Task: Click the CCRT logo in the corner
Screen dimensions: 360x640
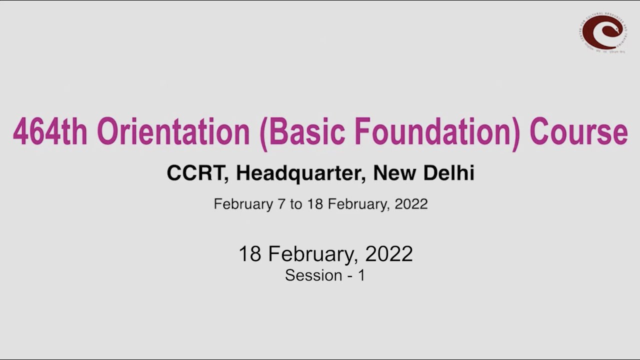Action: click(x=603, y=32)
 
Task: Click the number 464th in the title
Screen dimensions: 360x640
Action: click(x=50, y=132)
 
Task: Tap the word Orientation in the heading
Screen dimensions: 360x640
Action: click(x=173, y=132)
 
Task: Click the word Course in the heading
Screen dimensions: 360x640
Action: click(x=578, y=132)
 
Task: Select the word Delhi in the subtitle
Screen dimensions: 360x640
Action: click(x=449, y=173)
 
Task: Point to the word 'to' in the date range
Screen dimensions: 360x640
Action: click(x=295, y=204)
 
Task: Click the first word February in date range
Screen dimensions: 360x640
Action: click(x=242, y=204)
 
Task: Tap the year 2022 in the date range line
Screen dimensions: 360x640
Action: click(x=411, y=204)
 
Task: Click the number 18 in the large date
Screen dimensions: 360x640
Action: click(x=250, y=254)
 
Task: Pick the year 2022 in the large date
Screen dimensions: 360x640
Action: click(x=389, y=254)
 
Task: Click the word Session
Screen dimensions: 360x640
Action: click(x=313, y=275)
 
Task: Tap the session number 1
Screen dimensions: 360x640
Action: click(x=361, y=275)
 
